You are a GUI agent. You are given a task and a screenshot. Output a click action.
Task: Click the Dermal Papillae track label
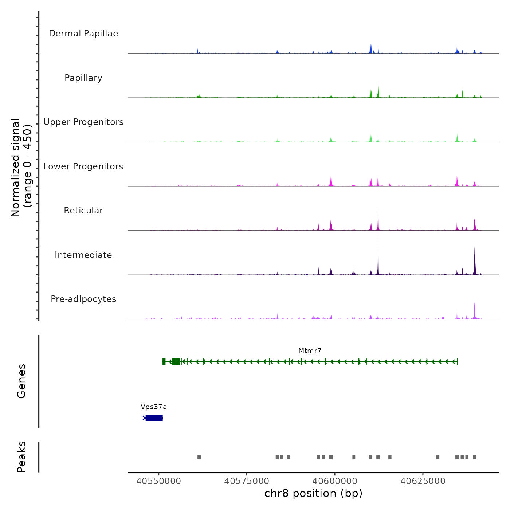coord(83,34)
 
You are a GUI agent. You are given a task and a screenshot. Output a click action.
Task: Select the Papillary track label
coord(83,78)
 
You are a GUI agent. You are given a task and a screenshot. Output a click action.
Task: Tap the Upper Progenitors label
coord(83,122)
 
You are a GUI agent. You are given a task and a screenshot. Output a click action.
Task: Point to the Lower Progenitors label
coord(83,166)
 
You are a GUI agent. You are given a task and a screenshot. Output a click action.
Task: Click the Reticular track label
coord(83,211)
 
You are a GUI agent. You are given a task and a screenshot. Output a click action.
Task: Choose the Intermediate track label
coord(83,255)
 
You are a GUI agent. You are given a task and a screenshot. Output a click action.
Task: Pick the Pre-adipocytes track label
coord(83,299)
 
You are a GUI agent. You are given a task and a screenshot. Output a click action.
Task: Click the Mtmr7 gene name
coord(310,351)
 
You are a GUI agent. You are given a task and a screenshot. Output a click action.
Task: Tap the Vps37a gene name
coord(154,407)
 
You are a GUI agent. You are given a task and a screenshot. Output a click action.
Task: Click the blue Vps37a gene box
coord(154,418)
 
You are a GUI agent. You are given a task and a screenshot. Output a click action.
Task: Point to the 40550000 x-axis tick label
coord(158,481)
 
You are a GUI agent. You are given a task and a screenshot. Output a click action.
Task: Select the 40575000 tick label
coord(247,481)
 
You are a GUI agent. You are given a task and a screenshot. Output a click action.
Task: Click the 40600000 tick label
coord(335,481)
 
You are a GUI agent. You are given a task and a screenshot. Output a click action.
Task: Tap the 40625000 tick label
coord(423,481)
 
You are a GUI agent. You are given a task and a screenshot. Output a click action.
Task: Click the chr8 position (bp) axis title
coord(313,493)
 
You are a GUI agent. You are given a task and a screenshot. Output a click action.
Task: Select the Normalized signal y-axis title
coord(21,168)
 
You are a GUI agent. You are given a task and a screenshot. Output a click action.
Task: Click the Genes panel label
coord(21,381)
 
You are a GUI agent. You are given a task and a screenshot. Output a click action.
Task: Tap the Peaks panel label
coord(21,457)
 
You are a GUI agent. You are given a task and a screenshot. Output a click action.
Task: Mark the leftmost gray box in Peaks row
coord(199,457)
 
